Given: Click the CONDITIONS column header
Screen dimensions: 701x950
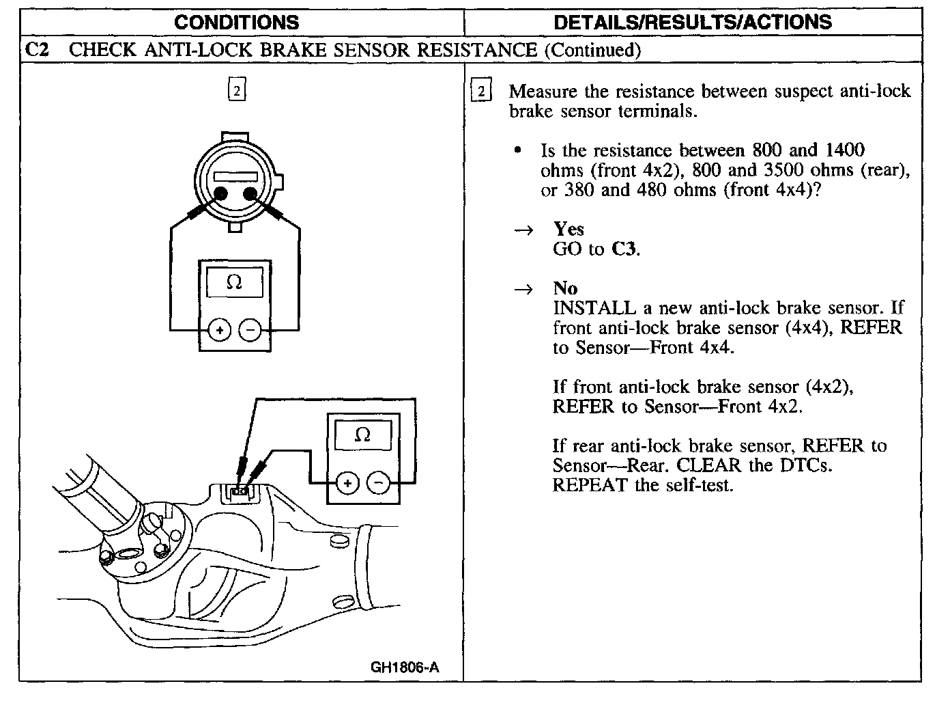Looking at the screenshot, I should [236, 22].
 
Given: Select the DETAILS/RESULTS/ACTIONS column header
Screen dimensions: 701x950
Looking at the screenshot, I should [693, 22].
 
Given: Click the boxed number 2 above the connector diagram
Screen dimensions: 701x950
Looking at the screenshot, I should [236, 91].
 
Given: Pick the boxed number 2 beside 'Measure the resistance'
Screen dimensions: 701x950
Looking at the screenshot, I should [481, 92].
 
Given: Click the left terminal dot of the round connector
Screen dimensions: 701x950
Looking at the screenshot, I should [221, 193].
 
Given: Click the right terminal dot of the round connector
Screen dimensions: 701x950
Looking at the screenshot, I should [250, 193].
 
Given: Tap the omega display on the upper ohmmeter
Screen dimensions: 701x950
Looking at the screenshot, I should [234, 282].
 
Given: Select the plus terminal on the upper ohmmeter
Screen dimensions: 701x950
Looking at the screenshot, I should [220, 331].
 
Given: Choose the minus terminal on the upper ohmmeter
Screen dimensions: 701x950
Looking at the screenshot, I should [250, 331].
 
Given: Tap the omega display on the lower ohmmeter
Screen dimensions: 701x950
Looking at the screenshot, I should [363, 435].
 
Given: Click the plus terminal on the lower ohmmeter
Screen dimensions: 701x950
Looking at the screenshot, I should [348, 484].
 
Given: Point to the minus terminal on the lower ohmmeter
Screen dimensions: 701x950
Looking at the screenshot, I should [378, 484].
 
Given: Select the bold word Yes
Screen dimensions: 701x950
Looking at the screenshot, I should [568, 229].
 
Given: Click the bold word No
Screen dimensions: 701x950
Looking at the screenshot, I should [565, 288].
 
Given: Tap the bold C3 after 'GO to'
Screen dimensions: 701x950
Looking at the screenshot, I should [624, 249].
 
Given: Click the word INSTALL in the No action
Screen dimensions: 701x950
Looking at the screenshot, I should [589, 308].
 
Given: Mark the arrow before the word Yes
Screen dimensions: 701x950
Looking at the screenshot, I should [523, 231].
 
